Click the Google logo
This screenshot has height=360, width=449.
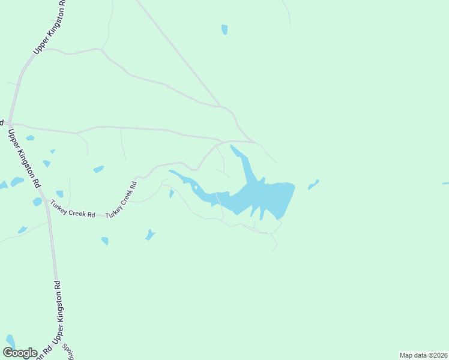pyautogui.click(x=20, y=353)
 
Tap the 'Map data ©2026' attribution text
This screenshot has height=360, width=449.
pyautogui.click(x=423, y=355)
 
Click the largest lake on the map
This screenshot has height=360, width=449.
pyautogui.click(x=264, y=195)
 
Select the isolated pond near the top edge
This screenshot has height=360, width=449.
pyautogui.click(x=224, y=29)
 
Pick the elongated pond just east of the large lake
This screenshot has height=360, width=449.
pyautogui.click(x=313, y=184)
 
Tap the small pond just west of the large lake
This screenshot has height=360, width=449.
pyautogui.click(x=172, y=193)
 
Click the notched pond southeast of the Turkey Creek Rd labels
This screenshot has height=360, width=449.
pyautogui.click(x=150, y=235)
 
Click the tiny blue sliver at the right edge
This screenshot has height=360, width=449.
pyautogui.click(x=445, y=183)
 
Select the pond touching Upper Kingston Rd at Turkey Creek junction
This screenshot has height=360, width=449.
pyautogui.click(x=37, y=202)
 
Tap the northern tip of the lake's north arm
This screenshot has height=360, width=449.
pyautogui.click(x=232, y=146)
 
